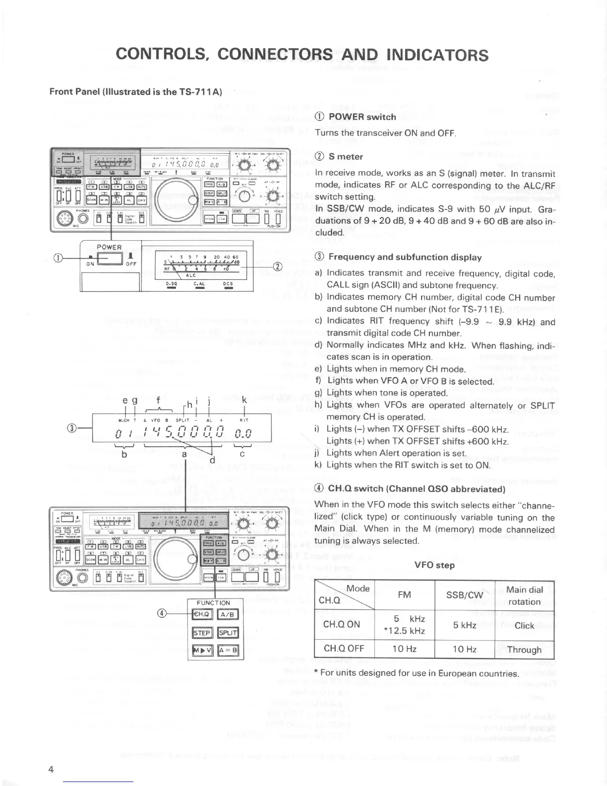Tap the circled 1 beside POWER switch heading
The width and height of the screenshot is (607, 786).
pos(320,117)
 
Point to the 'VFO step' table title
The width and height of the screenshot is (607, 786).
pos(434,565)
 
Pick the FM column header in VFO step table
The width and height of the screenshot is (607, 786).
pos(405,594)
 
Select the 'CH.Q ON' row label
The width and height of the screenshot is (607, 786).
pos(342,624)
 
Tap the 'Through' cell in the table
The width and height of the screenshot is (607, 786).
pos(525,650)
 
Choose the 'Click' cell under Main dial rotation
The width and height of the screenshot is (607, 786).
pos(525,625)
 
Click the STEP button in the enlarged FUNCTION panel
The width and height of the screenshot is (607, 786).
pos(202,633)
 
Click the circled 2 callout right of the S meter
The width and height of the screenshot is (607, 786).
pos(278,266)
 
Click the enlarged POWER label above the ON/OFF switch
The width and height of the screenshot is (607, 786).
pos(109,247)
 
